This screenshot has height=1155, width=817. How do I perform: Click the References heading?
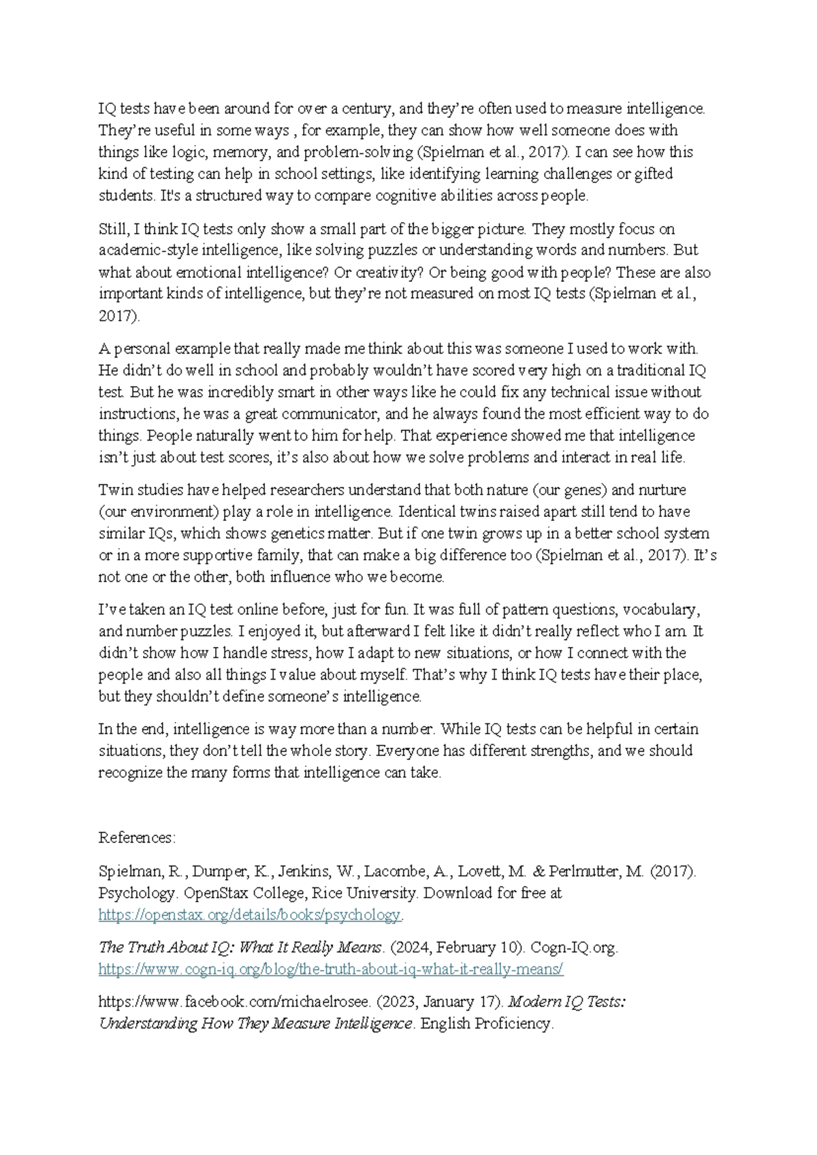pos(137,838)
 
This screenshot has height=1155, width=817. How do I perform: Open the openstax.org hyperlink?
pos(250,915)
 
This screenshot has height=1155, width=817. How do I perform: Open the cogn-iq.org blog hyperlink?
pos(331,969)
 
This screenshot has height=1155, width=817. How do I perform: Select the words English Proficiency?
pos(486,1024)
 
